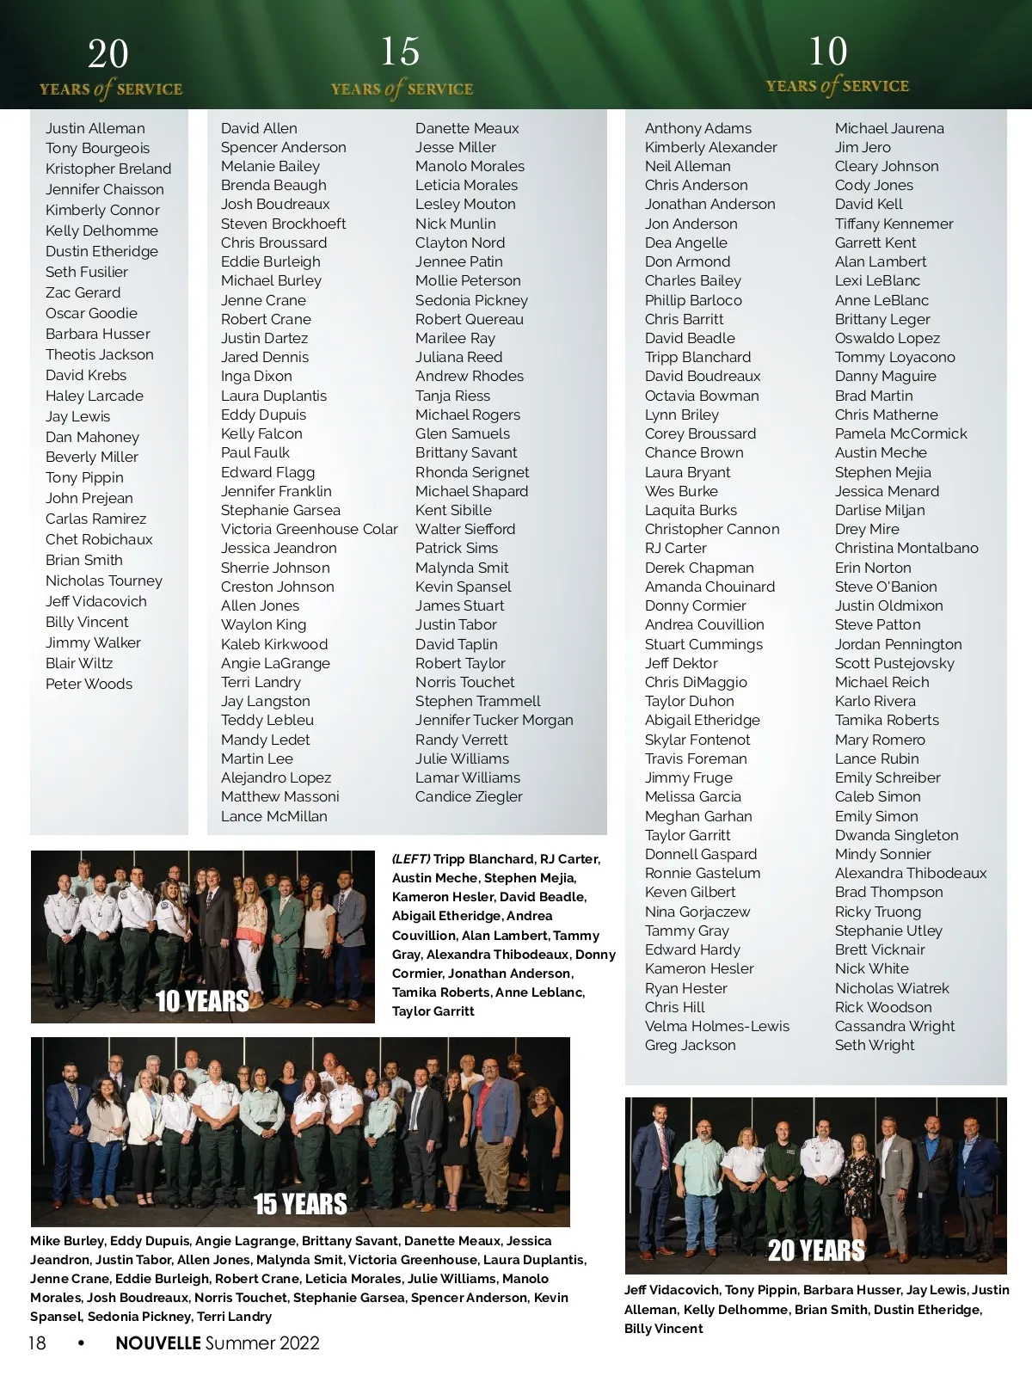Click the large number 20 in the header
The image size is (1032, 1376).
(108, 55)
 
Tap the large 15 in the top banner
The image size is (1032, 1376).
(400, 52)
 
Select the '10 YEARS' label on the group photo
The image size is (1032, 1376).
(202, 1001)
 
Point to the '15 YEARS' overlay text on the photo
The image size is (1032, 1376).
(300, 1204)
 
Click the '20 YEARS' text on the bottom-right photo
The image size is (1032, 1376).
(816, 1250)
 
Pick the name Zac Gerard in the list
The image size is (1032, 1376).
(83, 292)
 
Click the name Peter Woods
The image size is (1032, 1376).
(89, 684)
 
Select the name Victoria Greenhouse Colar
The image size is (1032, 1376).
(309, 529)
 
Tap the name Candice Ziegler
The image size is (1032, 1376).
(469, 796)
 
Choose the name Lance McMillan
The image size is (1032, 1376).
(273, 816)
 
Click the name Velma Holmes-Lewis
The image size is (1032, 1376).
(716, 1026)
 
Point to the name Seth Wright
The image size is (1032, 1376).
(875, 1045)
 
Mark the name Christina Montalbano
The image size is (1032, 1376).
(906, 548)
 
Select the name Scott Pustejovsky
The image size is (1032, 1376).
(894, 663)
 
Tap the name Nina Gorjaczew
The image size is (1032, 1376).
(697, 912)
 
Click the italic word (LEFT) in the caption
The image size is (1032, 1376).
(411, 859)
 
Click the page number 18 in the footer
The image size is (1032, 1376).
(37, 1343)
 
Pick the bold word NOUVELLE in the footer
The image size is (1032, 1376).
(158, 1343)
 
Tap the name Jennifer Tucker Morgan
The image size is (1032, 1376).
(494, 720)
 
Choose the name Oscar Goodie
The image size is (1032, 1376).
(91, 313)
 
